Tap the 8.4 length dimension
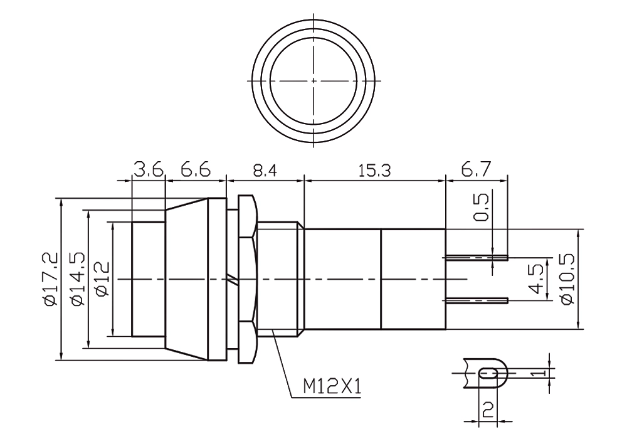click(x=264, y=171)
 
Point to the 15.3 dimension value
click(x=374, y=171)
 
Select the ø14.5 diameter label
click(x=78, y=279)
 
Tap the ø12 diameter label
click(x=103, y=279)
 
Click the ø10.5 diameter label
click(x=567, y=278)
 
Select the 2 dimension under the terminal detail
click(x=488, y=410)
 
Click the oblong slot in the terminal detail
click(x=488, y=373)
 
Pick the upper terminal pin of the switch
click(x=477, y=258)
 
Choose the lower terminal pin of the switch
click(x=477, y=300)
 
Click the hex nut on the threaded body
click(x=246, y=279)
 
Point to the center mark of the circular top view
click(x=313, y=81)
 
